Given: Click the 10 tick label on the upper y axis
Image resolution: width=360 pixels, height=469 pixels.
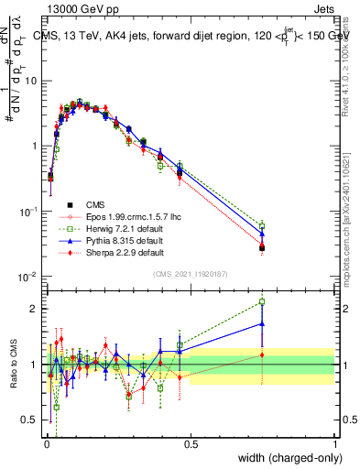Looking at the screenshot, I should (x=32, y=81).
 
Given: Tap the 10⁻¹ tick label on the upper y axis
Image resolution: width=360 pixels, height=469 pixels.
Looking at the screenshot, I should (x=30, y=211).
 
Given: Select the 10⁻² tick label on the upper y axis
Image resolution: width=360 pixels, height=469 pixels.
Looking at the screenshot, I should (x=30, y=276).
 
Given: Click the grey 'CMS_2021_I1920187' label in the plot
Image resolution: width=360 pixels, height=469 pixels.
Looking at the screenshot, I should (x=190, y=274).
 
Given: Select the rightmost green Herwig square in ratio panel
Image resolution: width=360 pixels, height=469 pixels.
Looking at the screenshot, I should (x=262, y=301).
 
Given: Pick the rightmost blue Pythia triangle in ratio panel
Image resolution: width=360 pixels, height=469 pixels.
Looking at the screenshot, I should (x=262, y=323).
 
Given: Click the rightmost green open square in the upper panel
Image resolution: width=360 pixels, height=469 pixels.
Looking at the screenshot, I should (x=262, y=225).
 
